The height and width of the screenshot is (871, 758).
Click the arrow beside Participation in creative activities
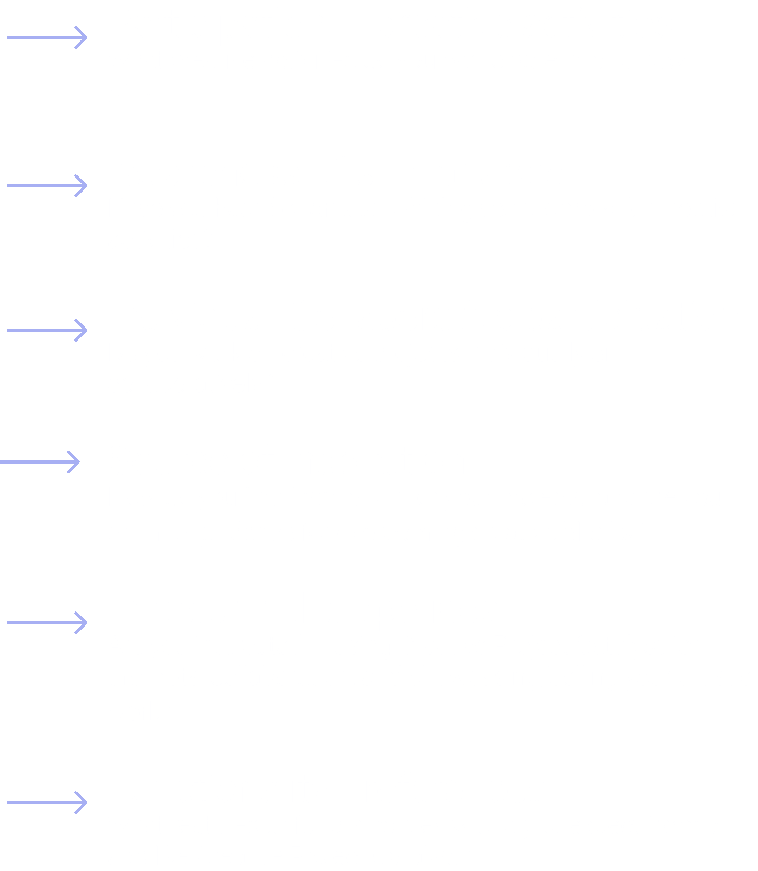[47, 37]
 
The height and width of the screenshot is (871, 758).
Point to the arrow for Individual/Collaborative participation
[47, 330]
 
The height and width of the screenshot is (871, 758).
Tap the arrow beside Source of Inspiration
[40, 461]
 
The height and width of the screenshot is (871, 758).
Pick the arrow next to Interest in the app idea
[47, 622]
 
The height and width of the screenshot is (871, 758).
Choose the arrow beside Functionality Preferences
[47, 802]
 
